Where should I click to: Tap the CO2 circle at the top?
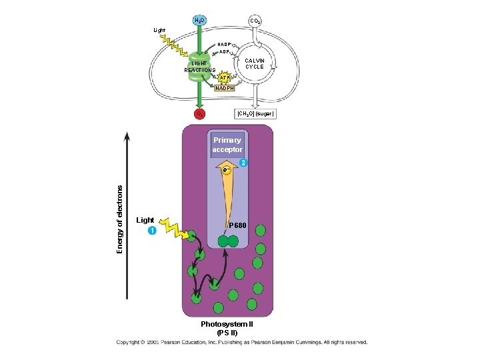click(255, 21)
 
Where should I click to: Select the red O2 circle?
click(199, 114)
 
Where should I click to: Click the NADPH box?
click(224, 87)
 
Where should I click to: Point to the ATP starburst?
click(225, 77)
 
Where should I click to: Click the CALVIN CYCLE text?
click(255, 63)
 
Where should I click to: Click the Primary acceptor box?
click(227, 145)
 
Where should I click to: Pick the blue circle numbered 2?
click(243, 163)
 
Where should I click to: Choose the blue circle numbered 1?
click(152, 231)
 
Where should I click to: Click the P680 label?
click(238, 227)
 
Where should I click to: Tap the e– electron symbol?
click(227, 170)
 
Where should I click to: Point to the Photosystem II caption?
click(227, 327)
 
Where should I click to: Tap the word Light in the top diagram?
click(159, 30)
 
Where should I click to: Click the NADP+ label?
click(225, 44)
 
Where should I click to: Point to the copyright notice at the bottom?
click(241, 343)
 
